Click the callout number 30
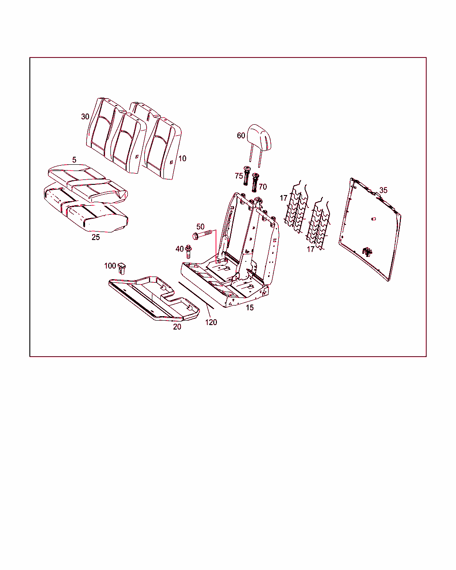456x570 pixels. tap(85, 117)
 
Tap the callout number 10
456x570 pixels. tap(182, 159)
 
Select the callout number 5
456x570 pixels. tap(74, 160)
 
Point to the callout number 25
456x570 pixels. tap(96, 237)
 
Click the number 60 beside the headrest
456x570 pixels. tap(241, 136)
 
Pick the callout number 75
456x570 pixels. tap(239, 176)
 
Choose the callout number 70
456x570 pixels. tap(263, 187)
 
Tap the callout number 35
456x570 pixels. tap(383, 190)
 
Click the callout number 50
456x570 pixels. tap(200, 227)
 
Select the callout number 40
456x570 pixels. tap(179, 249)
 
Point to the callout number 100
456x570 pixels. tap(110, 265)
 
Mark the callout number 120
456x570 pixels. tap(211, 322)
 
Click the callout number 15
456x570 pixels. tap(249, 308)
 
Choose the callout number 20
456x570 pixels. tap(177, 327)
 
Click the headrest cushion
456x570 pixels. tap(260, 137)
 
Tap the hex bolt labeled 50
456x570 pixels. tap(203, 234)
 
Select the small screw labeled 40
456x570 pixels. tap(188, 251)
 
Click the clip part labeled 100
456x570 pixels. tap(122, 269)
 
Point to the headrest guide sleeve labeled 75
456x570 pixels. tap(247, 175)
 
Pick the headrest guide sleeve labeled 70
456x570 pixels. tap(255, 183)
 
